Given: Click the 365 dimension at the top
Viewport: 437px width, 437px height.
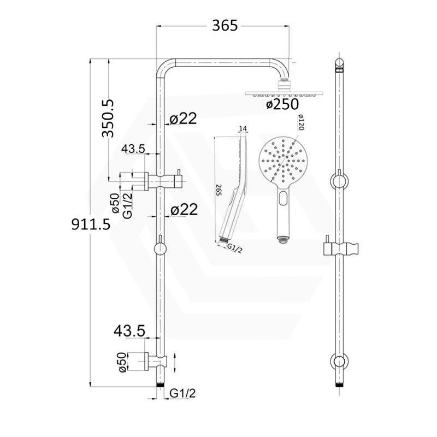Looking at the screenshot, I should (224, 25).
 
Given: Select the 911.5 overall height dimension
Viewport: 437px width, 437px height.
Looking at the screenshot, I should (91, 224).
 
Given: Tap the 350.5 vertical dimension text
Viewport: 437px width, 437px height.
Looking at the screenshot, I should (108, 119).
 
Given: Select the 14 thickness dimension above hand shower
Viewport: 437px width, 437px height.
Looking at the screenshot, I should (243, 128).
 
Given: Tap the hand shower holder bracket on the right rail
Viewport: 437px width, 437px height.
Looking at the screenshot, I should (340, 248).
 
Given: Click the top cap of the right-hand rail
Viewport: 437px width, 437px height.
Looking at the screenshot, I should (340, 64).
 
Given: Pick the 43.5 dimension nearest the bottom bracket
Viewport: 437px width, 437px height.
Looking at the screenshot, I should (129, 331).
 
